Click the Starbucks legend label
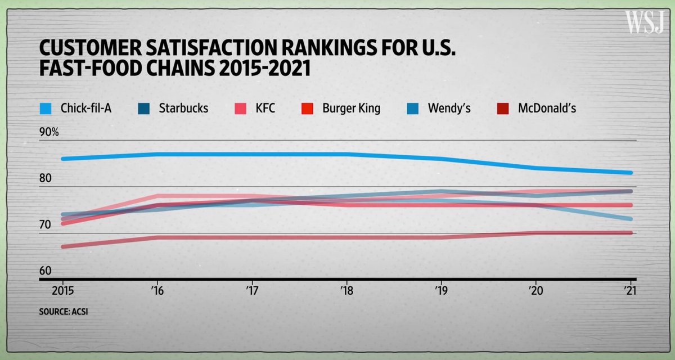pyautogui.click(x=183, y=108)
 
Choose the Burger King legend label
pyautogui.click(x=351, y=108)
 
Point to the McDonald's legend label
pyautogui.click(x=547, y=108)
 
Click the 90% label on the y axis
pyautogui.click(x=49, y=133)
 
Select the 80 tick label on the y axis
pyautogui.click(x=45, y=179)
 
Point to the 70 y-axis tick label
pyautogui.click(x=45, y=225)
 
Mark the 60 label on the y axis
pyautogui.click(x=45, y=271)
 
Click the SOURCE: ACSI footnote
pyautogui.click(x=64, y=310)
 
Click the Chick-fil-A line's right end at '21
pyautogui.click(x=631, y=173)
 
